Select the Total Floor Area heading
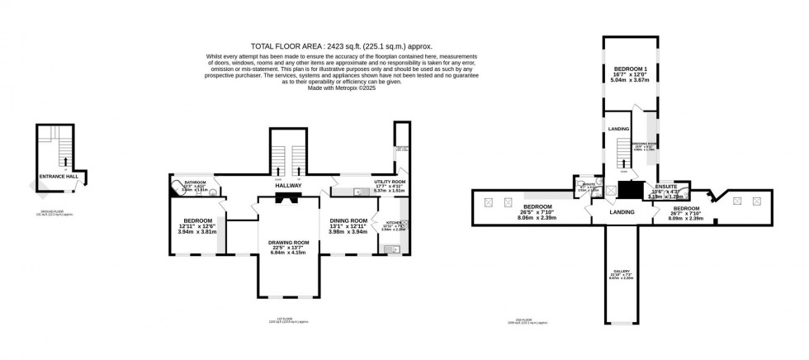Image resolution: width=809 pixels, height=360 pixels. [341, 46]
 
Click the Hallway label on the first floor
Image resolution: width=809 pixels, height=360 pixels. [288, 186]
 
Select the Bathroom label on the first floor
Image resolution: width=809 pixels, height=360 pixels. [195, 182]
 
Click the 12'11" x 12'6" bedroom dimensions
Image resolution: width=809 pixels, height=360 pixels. [196, 229]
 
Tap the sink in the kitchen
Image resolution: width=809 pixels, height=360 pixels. [387, 249]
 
